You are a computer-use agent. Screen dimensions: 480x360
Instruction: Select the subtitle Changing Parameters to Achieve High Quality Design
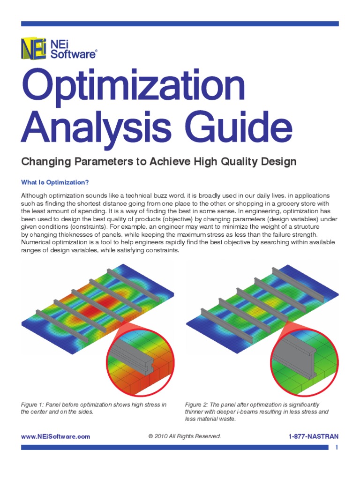click(159, 162)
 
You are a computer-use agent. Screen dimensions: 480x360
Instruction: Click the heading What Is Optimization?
click(55, 182)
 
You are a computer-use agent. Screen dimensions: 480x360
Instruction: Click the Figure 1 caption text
click(94, 408)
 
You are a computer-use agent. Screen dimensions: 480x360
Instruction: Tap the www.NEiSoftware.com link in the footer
click(55, 436)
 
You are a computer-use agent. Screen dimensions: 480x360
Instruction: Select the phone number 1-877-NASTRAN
click(314, 436)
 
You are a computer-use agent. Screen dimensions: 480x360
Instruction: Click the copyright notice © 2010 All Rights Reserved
click(184, 436)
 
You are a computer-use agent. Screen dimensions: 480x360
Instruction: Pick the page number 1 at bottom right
click(337, 448)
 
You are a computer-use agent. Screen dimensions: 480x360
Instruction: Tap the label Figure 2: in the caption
click(196, 404)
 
